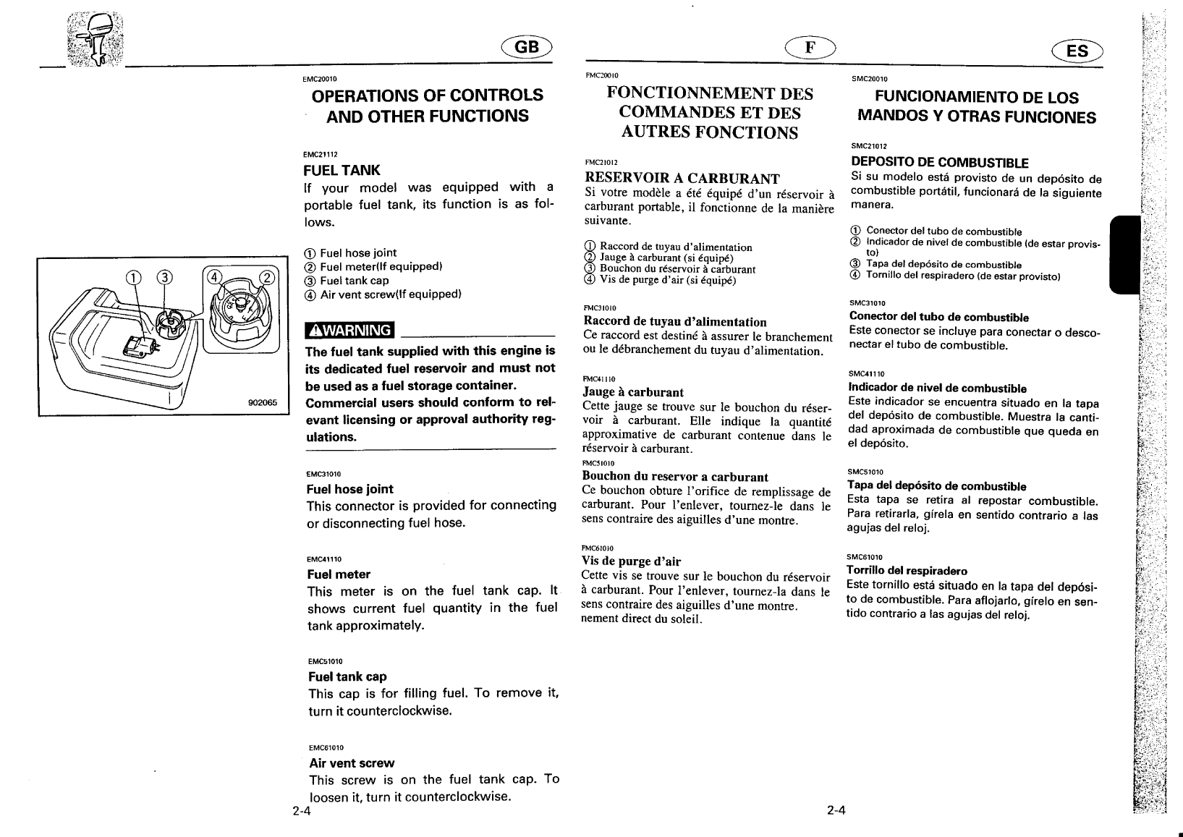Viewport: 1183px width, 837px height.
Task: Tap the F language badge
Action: pos(810,47)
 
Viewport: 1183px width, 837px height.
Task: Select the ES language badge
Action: pos(1077,51)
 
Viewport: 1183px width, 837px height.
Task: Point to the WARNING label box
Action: pos(349,331)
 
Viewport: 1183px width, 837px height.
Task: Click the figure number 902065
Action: pos(263,404)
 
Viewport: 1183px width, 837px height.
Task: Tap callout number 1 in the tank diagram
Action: pos(133,277)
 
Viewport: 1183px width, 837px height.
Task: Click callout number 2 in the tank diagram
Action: pos(267,277)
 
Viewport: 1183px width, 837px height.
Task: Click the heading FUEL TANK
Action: pos(342,171)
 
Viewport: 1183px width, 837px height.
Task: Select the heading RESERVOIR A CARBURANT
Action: pos(682,178)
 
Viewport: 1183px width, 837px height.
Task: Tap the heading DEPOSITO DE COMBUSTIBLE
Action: pos(939,162)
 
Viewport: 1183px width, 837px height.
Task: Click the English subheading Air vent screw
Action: pos(352,762)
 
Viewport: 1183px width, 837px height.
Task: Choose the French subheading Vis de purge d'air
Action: pos(632,561)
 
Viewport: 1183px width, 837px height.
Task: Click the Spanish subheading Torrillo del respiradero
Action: pos(907,571)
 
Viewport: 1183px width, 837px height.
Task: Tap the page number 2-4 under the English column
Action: pos(302,810)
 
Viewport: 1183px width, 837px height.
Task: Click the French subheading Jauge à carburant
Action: pos(633,392)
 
